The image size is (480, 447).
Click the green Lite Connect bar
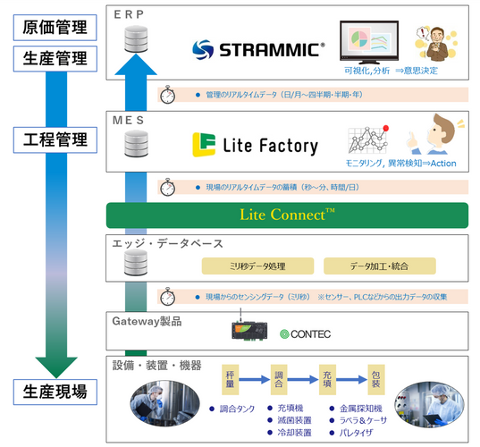point(288,215)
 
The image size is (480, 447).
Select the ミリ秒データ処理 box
point(257,266)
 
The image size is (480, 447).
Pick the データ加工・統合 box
point(379,266)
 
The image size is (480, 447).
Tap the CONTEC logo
point(305,334)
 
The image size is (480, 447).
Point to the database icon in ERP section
point(137,38)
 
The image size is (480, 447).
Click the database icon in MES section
point(137,143)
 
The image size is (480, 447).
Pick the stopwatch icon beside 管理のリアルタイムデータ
point(167,95)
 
